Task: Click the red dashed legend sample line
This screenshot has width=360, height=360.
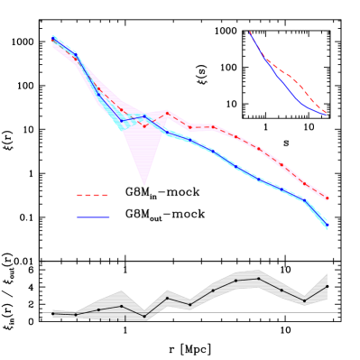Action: (92, 195)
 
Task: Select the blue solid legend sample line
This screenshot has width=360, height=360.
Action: (92, 217)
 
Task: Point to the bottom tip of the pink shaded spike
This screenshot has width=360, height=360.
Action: (144, 185)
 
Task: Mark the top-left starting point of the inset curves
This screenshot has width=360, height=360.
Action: (250, 32)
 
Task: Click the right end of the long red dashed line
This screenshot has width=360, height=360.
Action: (327, 198)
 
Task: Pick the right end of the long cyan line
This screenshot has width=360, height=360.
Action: (327, 227)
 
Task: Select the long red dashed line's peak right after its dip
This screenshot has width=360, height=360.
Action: (167, 112)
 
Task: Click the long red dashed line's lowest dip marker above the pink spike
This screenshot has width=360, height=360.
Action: (144, 126)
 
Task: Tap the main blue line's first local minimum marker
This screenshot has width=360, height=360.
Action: (122, 121)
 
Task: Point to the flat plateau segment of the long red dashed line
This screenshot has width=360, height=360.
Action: (201, 126)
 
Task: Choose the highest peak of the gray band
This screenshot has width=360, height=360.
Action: (259, 270)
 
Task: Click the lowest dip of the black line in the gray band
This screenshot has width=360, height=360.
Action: (144, 318)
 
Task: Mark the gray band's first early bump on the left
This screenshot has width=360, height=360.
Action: (121, 291)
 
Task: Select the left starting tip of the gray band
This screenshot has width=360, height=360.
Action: (53, 312)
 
